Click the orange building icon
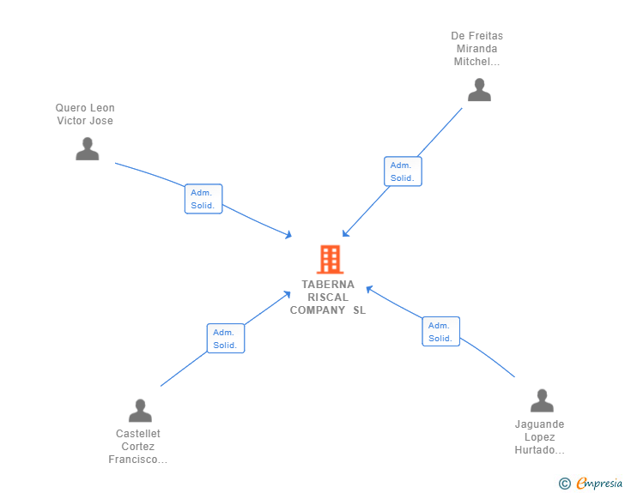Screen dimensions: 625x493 [x=330, y=259]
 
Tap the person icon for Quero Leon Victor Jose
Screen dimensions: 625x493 [x=88, y=148]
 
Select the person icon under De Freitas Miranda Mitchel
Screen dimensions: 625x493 [x=479, y=90]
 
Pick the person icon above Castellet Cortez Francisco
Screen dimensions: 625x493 [x=140, y=410]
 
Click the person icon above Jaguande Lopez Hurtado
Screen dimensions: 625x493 [x=542, y=400]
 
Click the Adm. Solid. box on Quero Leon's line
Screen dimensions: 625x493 [x=203, y=199]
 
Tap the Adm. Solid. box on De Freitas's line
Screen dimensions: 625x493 [x=403, y=171]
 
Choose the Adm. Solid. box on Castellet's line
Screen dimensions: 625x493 [x=226, y=338]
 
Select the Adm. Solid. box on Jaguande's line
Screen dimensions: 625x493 [x=441, y=331]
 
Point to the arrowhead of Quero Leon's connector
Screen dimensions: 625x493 [x=288, y=235]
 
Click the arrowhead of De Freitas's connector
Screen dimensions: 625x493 [x=345, y=233]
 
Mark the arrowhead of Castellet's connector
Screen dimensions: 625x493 [x=287, y=294]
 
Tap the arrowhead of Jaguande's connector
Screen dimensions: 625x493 [x=369, y=288]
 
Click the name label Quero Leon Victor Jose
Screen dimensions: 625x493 [x=85, y=114]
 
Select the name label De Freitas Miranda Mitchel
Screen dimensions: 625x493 [x=476, y=49]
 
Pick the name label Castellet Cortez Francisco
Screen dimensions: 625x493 [x=138, y=447]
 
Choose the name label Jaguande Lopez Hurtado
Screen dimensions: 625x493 [x=539, y=437]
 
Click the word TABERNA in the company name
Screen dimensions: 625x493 [x=328, y=285]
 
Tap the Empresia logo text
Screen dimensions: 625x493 [x=599, y=483]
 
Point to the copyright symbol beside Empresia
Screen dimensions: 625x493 [x=565, y=484]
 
